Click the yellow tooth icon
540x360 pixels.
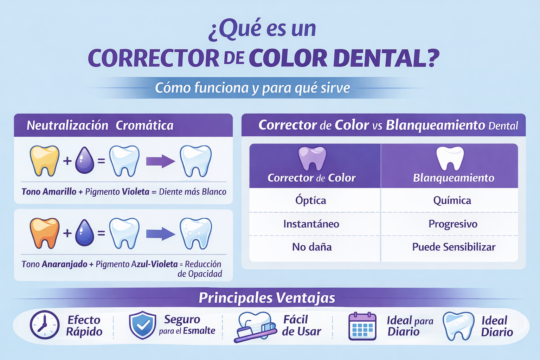click(44, 160)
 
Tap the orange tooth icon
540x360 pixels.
click(44, 232)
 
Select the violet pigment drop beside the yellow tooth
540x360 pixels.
click(85, 160)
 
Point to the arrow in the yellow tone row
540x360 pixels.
click(160, 161)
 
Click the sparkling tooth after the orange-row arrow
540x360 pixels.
click(196, 233)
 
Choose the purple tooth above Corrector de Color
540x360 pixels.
click(312, 158)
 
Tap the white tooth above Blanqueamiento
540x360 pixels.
click(450, 158)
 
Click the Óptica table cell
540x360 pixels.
click(311, 200)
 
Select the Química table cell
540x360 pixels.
click(452, 200)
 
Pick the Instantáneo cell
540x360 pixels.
click(311, 224)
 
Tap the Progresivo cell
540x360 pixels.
click(453, 224)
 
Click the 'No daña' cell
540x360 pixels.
click(312, 247)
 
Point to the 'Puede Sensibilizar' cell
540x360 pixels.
click(454, 247)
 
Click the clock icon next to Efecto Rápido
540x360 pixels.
click(45, 325)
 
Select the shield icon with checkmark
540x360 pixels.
click(142, 325)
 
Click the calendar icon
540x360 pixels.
click(362, 326)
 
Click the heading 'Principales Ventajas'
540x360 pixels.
click(267, 298)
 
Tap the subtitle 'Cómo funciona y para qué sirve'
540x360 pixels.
click(252, 88)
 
